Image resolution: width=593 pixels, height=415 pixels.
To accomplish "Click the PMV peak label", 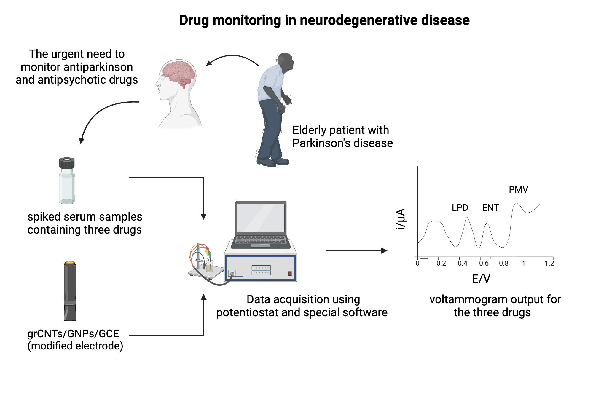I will point(518,189).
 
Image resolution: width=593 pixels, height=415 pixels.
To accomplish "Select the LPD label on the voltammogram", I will point(460,207).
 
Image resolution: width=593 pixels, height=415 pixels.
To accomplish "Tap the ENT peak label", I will point(490,207).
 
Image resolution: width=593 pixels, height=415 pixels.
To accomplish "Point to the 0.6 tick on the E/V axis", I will point(484,263).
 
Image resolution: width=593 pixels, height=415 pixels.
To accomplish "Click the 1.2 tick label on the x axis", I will point(549,263).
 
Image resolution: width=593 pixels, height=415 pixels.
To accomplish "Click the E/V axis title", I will point(481,279).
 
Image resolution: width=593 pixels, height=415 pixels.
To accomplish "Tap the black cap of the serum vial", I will point(67,163).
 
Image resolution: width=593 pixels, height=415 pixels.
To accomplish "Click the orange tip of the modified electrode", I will point(70,262).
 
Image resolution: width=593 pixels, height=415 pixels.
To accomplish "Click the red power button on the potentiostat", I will point(290,273).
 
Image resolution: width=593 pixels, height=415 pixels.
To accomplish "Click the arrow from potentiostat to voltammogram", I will point(356,250).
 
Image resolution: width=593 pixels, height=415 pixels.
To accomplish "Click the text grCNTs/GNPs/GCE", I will point(73,333).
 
